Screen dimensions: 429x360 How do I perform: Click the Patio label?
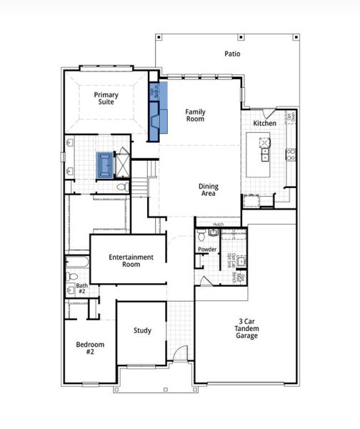(232, 54)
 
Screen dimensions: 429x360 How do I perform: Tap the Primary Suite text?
(106, 99)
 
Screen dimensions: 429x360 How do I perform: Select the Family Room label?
(195, 115)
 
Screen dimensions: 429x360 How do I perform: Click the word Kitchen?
(264, 124)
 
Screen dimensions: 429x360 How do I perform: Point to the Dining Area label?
(209, 190)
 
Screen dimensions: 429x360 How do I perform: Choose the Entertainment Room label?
(131, 260)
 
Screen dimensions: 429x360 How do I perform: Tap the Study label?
(142, 330)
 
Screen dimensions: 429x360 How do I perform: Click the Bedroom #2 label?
(91, 348)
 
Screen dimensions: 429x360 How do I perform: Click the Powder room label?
(208, 250)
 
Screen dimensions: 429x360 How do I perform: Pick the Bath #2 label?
(81, 288)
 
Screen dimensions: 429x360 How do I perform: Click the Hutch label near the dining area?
(218, 225)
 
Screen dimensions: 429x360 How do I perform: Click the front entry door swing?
(183, 352)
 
